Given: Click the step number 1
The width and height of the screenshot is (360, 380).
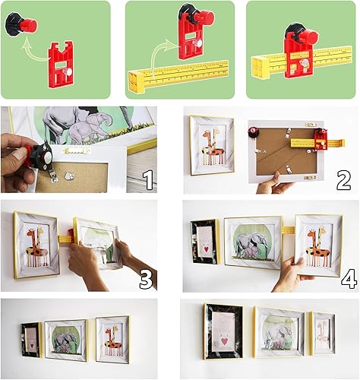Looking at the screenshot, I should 149,180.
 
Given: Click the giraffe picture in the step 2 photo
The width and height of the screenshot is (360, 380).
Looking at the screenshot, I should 212,146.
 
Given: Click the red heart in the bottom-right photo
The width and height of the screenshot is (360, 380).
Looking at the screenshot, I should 225,343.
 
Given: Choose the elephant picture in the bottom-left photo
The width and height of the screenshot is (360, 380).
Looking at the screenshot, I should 65,340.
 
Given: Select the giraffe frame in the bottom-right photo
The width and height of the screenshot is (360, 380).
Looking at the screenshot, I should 323,334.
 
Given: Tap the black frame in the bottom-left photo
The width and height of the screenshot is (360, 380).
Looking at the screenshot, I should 31,339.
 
